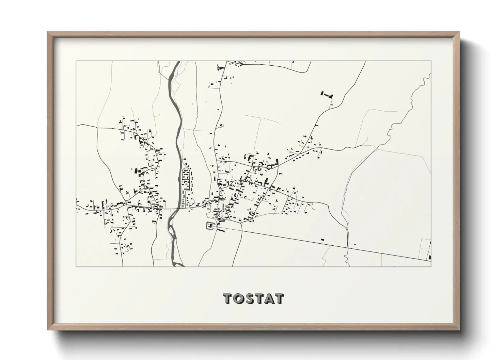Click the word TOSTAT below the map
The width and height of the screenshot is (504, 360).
253,299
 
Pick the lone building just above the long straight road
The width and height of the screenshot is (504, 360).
322,240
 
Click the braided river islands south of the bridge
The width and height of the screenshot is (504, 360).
173,235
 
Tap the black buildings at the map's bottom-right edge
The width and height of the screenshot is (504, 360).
430,252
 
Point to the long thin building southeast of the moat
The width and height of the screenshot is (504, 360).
221,230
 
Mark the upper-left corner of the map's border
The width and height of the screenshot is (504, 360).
76,61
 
